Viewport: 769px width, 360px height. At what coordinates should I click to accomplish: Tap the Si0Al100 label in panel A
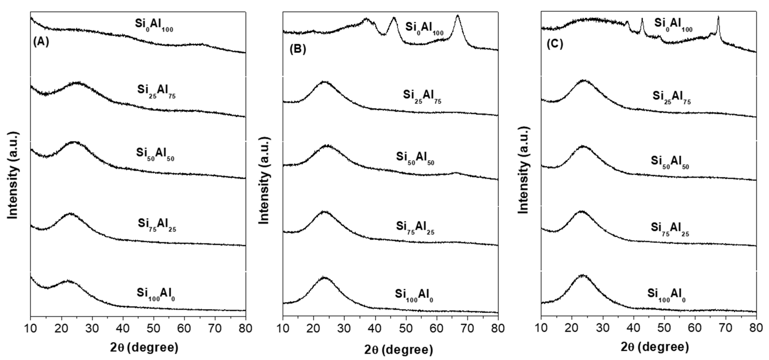click(154, 25)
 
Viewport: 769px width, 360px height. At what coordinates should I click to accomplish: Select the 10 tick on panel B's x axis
click(283, 328)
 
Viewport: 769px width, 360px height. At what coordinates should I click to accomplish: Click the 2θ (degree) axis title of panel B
click(398, 350)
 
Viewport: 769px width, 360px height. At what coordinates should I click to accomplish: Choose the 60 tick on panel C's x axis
click(695, 327)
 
